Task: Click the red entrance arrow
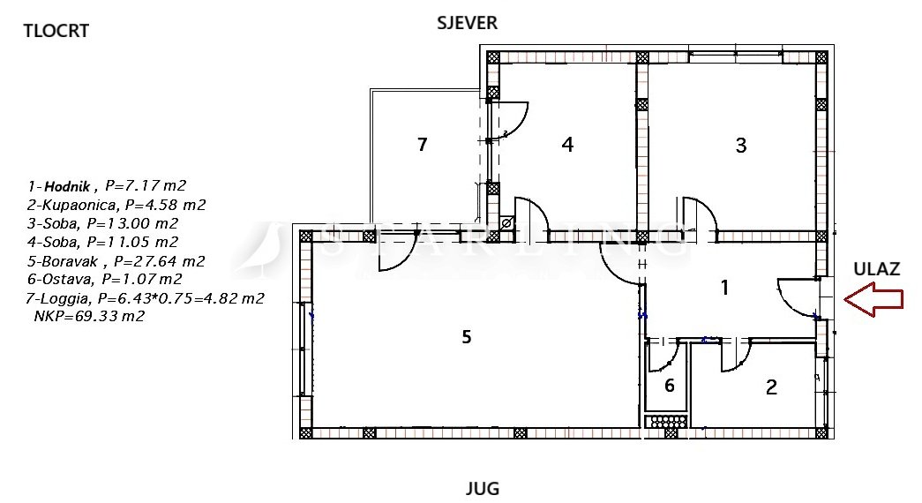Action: click(x=873, y=299)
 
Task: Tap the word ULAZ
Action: click(x=877, y=269)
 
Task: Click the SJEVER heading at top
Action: click(x=467, y=23)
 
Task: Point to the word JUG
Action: click(x=482, y=488)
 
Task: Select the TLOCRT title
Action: click(x=56, y=31)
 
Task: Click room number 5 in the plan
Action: click(x=466, y=336)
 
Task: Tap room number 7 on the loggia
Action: click(x=422, y=144)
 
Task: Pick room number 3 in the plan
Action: click(x=741, y=145)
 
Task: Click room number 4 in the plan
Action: click(x=566, y=144)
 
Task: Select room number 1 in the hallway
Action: click(x=725, y=288)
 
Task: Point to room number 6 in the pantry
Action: click(x=669, y=386)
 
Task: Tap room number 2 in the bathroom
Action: click(x=771, y=387)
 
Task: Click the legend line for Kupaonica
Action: click(x=116, y=205)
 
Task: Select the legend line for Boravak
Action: click(x=116, y=260)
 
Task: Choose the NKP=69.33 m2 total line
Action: click(x=89, y=316)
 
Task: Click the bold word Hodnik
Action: click(x=67, y=186)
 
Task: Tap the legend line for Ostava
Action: click(x=105, y=279)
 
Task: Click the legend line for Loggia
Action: click(x=145, y=298)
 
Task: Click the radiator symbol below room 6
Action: click(x=665, y=421)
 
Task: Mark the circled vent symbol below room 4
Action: click(x=506, y=223)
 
